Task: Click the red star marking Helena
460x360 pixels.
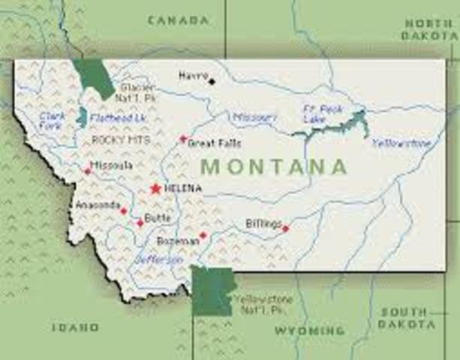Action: pos(155,188)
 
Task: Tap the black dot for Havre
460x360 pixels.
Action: pos(212,80)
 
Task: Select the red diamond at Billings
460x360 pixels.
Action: pos(285,228)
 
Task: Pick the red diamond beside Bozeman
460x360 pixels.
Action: pos(203,235)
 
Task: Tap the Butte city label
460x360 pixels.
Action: pos(158,218)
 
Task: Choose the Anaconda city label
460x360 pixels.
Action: pos(97,205)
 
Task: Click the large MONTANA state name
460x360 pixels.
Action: pos(274,166)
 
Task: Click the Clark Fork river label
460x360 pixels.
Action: pos(51,121)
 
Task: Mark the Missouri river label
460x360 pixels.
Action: pos(254,118)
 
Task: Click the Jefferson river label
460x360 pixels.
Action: pos(158,259)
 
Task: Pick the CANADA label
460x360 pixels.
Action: pos(178,20)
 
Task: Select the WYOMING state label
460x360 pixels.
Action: pos(309,330)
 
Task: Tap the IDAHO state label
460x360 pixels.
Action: pos(75,327)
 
